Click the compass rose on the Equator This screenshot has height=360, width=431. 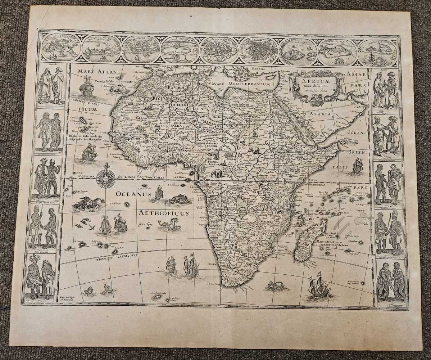click(106, 178)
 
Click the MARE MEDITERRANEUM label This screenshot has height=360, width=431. click(241, 84)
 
